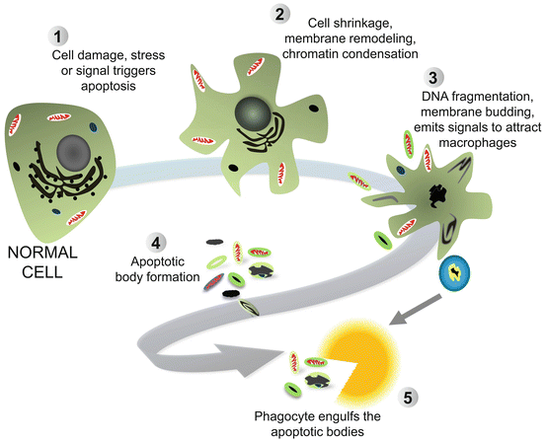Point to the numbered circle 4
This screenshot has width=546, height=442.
pyautogui.click(x=155, y=240)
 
